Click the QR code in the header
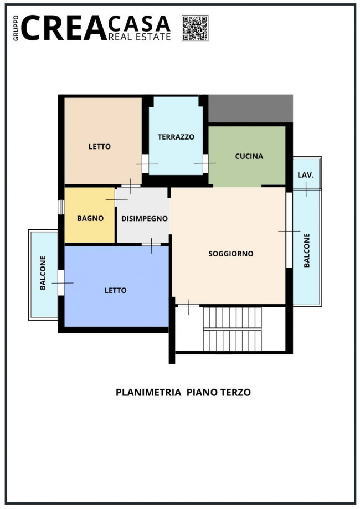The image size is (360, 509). [x=194, y=28]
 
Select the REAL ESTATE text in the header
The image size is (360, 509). [x=140, y=37]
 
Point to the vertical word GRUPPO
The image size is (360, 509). [x=16, y=28]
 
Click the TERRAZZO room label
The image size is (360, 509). [x=176, y=137]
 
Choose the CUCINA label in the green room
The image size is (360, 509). [x=249, y=156]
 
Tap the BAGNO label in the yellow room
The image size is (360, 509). [x=90, y=218]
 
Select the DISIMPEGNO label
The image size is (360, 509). [x=145, y=218]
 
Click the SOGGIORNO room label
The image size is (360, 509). [x=230, y=254]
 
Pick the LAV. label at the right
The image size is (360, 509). [x=306, y=175]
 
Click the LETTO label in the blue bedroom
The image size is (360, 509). [x=116, y=290]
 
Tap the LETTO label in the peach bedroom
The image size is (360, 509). [x=100, y=147]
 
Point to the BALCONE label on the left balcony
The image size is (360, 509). [x=43, y=273]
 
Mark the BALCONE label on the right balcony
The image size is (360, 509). [x=307, y=251]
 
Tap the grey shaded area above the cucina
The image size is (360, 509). [x=250, y=109]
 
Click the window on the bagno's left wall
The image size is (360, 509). [x=61, y=207]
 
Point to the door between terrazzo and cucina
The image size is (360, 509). [x=205, y=163]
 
